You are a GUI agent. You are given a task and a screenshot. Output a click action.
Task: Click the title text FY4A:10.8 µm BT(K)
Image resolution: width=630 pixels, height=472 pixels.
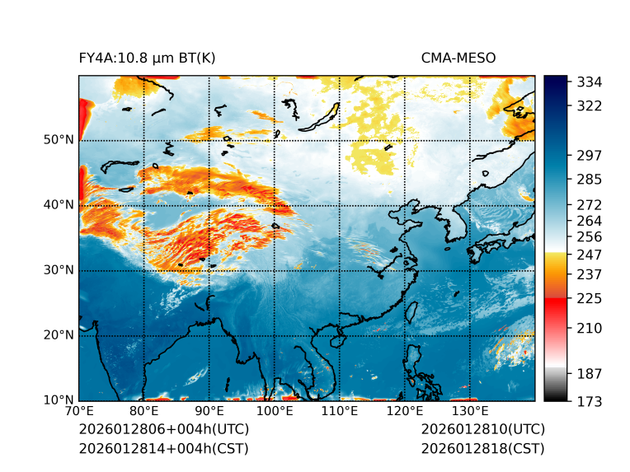tap(147, 58)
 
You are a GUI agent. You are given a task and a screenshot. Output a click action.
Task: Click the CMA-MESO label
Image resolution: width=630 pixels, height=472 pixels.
tap(458, 58)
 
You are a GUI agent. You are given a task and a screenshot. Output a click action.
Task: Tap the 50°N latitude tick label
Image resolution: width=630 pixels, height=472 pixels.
tap(58, 140)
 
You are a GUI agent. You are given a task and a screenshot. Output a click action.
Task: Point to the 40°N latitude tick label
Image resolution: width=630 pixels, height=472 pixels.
tap(58, 205)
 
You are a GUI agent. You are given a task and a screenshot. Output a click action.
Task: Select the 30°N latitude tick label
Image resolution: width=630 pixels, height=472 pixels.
tap(58, 270)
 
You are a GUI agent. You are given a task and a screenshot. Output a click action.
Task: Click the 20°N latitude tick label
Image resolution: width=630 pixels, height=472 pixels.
tap(58, 335)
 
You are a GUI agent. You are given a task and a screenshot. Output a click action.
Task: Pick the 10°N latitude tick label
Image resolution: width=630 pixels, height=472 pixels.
tap(58, 400)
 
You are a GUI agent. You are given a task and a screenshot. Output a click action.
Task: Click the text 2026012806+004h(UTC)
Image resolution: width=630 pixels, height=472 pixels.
tap(163, 430)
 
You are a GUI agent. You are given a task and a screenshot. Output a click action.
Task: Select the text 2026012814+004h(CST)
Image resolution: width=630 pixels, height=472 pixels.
tap(163, 448)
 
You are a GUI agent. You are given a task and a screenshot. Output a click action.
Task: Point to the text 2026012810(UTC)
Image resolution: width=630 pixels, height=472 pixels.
tap(482, 430)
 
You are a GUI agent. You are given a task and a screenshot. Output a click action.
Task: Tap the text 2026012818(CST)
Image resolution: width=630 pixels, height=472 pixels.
tap(482, 448)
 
